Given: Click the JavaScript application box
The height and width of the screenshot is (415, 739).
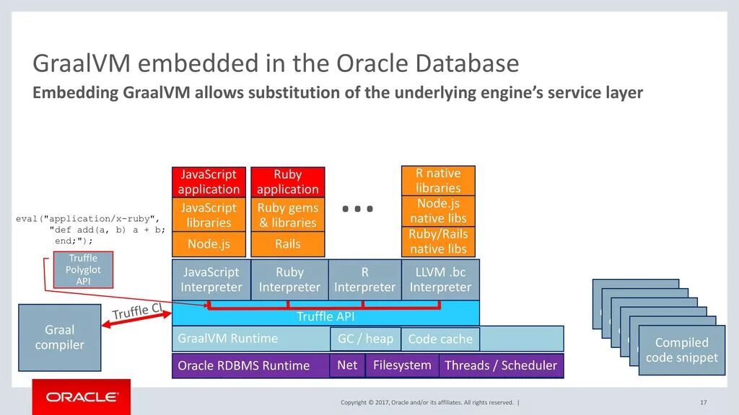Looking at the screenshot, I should [209, 182].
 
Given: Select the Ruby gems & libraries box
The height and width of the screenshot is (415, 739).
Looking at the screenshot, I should [287, 215].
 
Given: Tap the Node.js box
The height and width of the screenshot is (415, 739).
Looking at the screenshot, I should [209, 244].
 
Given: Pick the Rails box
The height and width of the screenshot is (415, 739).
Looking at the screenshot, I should [287, 244].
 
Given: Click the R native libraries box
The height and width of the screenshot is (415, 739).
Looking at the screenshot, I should [438, 180].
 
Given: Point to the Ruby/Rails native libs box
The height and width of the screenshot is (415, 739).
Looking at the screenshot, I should [438, 241].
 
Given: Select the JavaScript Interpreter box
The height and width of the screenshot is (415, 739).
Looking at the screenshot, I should [211, 280].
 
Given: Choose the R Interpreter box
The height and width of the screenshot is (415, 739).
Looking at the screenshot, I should [364, 280].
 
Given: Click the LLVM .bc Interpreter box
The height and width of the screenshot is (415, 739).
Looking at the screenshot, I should [440, 280].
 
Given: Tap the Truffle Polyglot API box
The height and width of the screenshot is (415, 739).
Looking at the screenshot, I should [83, 269].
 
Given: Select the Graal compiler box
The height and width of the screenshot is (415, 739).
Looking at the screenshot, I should [59, 337].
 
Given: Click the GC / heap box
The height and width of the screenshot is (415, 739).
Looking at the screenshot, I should [365, 339].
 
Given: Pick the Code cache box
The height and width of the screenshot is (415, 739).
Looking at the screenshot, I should [440, 339].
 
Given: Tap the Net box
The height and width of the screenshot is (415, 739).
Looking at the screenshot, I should [347, 365].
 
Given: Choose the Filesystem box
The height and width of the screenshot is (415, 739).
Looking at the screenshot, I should [402, 365].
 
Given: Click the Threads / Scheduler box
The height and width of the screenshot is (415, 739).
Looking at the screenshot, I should [501, 365].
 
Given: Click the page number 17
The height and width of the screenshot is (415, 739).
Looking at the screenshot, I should [703, 402].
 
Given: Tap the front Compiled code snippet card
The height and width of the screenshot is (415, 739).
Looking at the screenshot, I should [682, 350].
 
